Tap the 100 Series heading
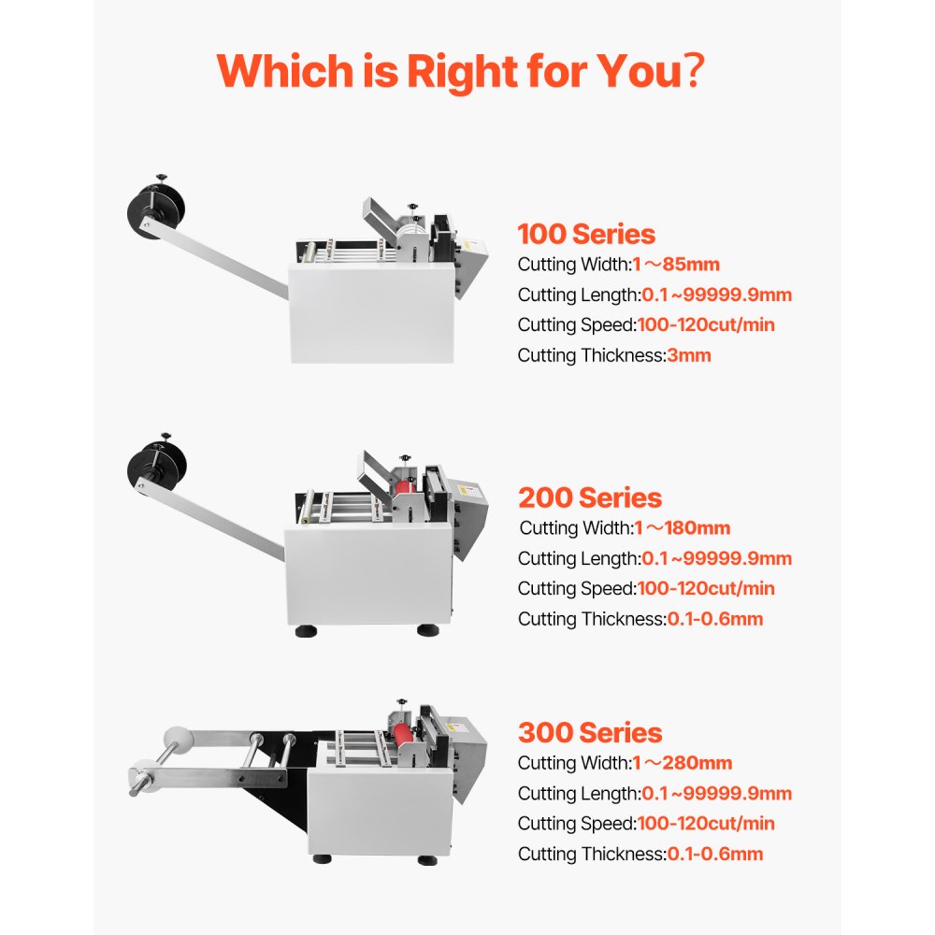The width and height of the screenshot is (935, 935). point(586,234)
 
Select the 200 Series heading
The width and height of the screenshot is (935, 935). point(589,497)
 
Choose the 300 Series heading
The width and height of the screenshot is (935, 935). point(589,732)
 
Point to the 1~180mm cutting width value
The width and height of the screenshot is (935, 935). point(682,528)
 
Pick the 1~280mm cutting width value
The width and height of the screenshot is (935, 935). point(683,763)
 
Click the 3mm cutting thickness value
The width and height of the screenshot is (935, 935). point(690,355)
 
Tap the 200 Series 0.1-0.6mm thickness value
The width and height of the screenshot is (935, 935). point(714,619)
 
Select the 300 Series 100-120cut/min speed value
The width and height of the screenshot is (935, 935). point(706,824)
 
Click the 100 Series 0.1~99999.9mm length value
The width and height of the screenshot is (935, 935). point(716,295)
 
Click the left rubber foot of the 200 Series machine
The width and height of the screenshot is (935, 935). point(307,631)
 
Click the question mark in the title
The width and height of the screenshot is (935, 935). point(693,71)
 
